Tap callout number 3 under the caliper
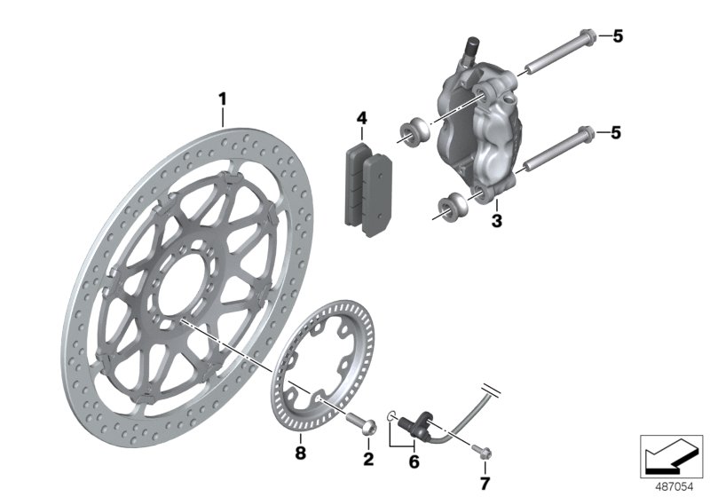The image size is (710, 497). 496,218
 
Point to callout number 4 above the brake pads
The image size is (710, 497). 362,118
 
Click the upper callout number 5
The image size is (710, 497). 617,36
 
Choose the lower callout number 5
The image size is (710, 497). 617,132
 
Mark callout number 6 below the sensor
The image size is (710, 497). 413,461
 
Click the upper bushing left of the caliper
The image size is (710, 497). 414,129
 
